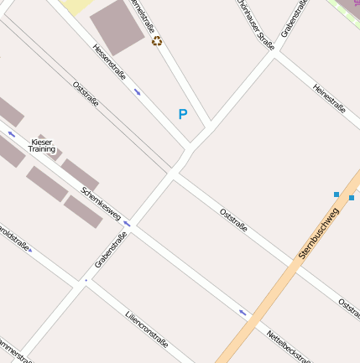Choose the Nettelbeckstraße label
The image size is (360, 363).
pos(288,344)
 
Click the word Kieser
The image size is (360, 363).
pos(41,141)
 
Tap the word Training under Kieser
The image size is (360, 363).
pos(41,149)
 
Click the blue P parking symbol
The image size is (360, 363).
pos(183,114)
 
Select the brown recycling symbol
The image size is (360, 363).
pos(157,40)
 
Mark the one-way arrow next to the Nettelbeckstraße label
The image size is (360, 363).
pos(243,313)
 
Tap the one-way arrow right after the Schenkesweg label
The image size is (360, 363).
pos(128,223)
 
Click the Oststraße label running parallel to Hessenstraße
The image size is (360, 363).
pos(86,93)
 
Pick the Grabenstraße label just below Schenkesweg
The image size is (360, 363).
pos(111,250)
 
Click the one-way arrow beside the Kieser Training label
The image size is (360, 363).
pos(12,134)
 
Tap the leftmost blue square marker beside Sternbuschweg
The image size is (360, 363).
pos(337,194)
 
